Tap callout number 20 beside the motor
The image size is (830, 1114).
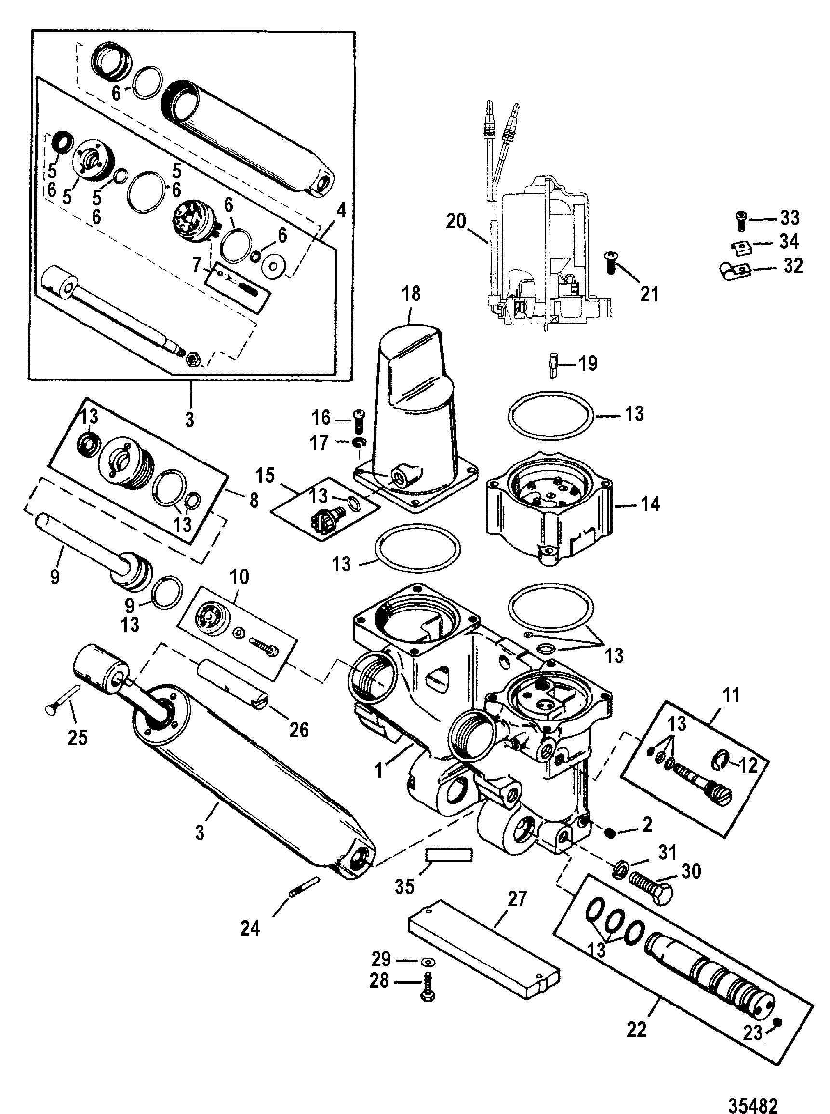(456, 221)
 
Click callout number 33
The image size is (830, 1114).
(790, 217)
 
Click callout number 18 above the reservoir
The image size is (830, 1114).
(411, 294)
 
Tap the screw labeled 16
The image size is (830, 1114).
(358, 421)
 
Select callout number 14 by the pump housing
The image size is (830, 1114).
(651, 504)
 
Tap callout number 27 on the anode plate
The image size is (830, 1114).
(517, 899)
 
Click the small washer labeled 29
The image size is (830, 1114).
(428, 962)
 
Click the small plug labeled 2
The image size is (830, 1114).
(610, 833)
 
